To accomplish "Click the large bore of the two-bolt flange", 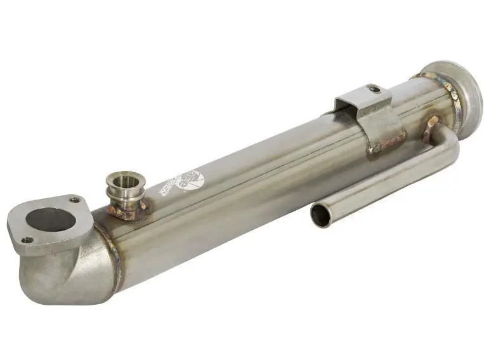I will [50, 220].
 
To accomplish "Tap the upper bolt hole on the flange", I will [75, 200].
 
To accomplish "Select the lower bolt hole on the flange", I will [27, 240].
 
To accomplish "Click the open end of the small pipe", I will [320, 216].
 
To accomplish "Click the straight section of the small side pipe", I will [381, 181].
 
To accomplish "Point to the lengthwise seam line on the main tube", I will [254, 171].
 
